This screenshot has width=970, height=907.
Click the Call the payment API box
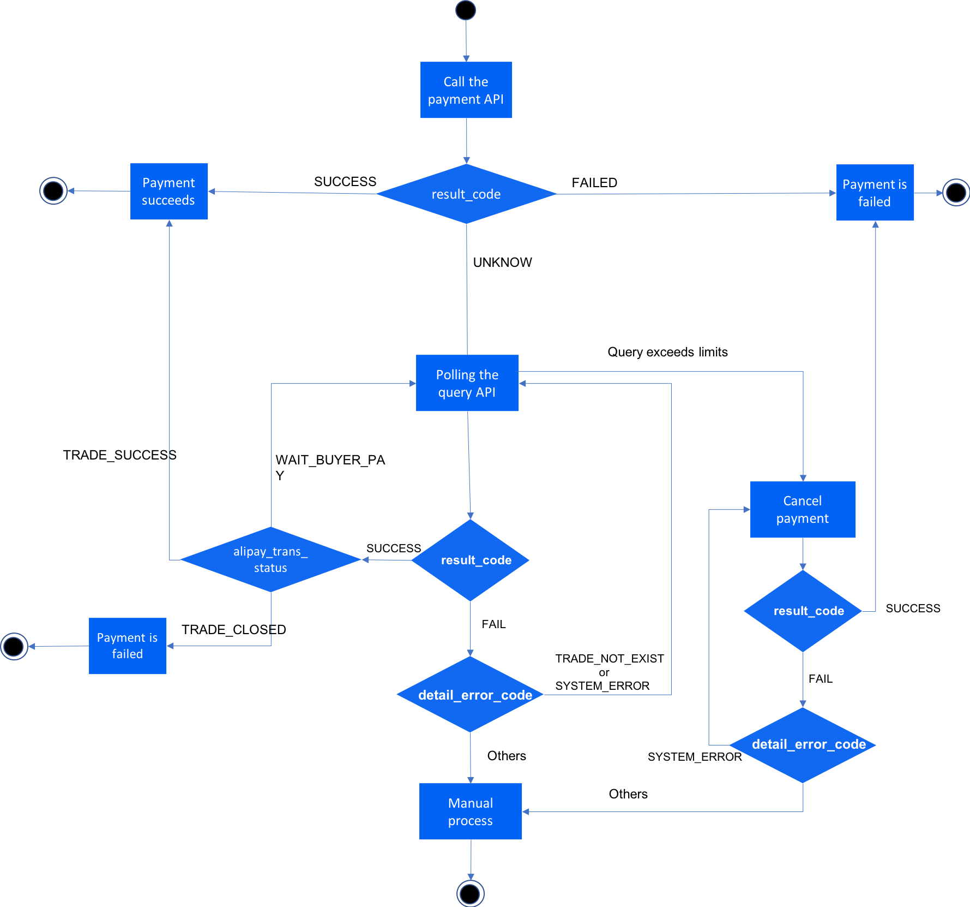[x=466, y=90]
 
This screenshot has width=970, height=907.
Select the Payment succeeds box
[x=169, y=192]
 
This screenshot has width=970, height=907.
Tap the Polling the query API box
[x=467, y=383]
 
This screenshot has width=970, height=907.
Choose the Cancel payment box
[x=803, y=510]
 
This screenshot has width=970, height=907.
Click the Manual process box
[x=471, y=811]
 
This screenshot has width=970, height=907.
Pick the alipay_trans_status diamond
[x=270, y=559]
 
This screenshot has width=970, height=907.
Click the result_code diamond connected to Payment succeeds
[x=466, y=194]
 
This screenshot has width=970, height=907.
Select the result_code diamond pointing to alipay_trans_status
[x=471, y=560]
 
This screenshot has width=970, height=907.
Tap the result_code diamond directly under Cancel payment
[x=803, y=611]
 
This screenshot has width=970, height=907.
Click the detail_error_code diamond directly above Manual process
[x=471, y=695]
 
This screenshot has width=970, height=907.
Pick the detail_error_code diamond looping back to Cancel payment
[x=803, y=745]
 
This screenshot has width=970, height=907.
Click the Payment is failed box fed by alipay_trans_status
[x=128, y=646]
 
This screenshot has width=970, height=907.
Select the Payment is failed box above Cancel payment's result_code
[x=875, y=193]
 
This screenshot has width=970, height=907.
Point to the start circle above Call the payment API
[x=466, y=10]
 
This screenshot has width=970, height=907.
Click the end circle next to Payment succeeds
[x=53, y=191]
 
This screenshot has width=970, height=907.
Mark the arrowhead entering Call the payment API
[x=466, y=58]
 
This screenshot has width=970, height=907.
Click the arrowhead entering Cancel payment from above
[x=803, y=478]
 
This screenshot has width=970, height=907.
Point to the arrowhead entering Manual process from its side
[x=526, y=811]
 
